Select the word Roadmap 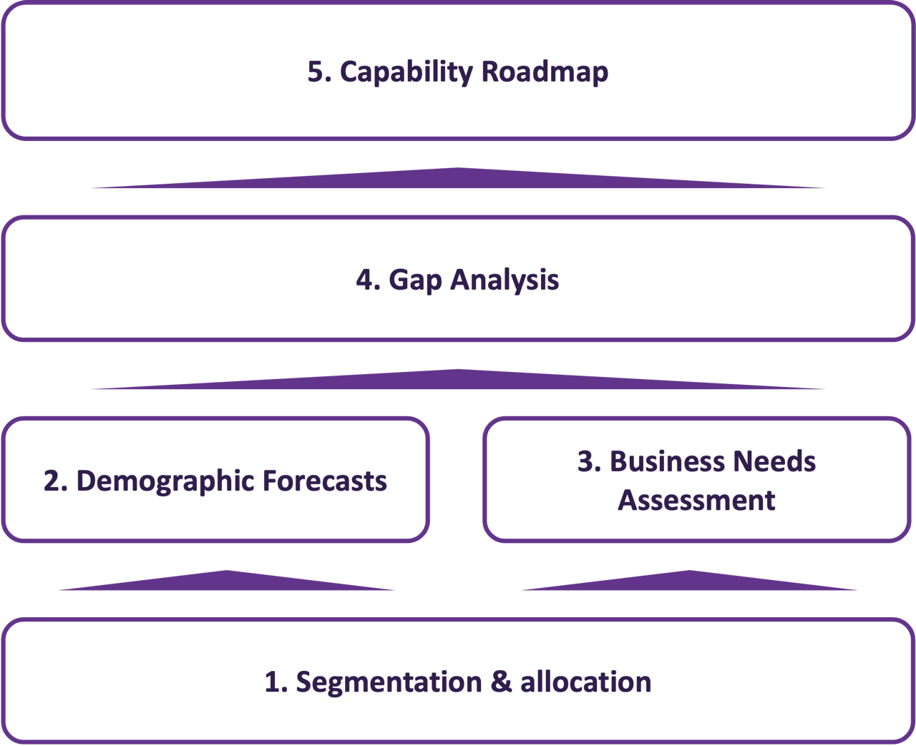tap(545, 72)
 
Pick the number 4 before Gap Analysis tap(366, 280)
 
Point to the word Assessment tap(696, 500)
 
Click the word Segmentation tap(389, 682)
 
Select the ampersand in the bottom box tap(501, 682)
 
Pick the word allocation tap(585, 682)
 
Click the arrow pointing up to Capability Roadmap tap(458, 180)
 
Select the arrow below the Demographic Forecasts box tap(227, 581)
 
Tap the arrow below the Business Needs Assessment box tap(689, 581)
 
